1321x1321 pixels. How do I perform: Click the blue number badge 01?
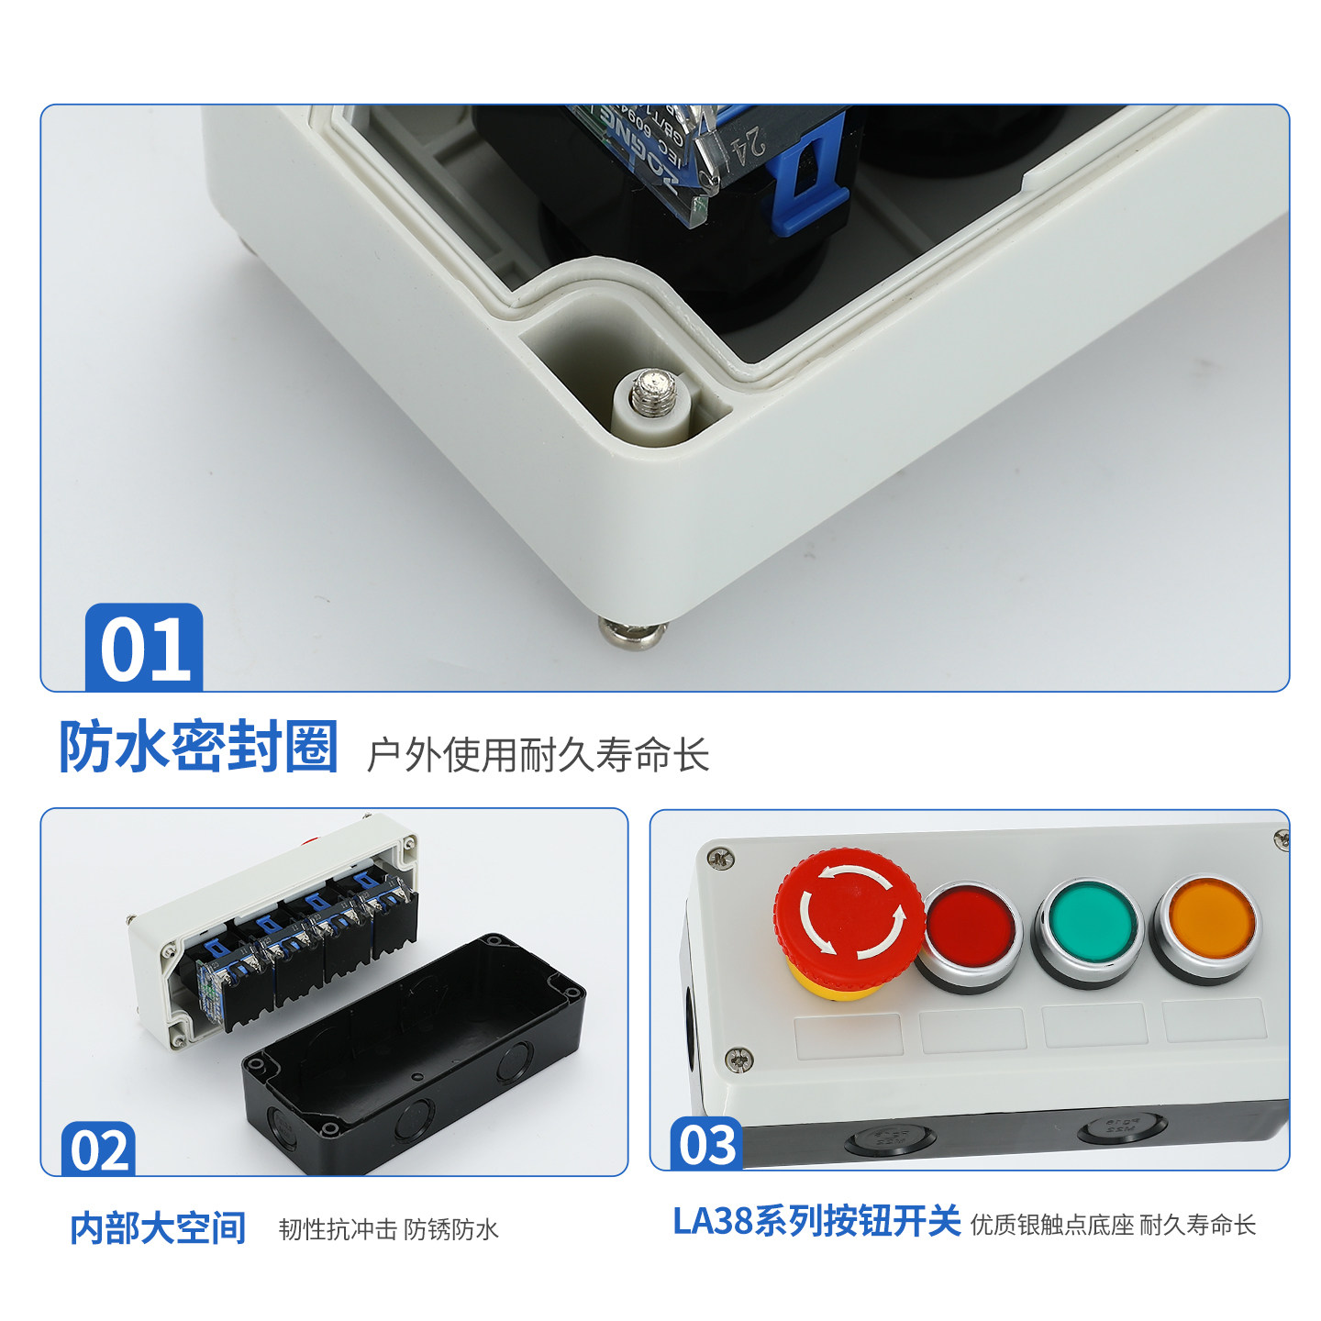coord(144,648)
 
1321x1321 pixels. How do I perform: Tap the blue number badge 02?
coord(98,1149)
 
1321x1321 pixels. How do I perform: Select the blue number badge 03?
coord(706,1144)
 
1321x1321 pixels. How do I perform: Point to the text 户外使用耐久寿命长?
coord(538,755)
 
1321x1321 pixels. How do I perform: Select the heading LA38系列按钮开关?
coord(816,1221)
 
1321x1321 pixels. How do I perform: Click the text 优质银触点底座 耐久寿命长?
coord(1113,1225)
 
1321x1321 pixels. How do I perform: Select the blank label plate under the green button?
coord(1094,1025)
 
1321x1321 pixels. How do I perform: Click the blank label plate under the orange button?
coord(1214,1020)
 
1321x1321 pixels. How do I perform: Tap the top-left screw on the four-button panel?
coord(718,859)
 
